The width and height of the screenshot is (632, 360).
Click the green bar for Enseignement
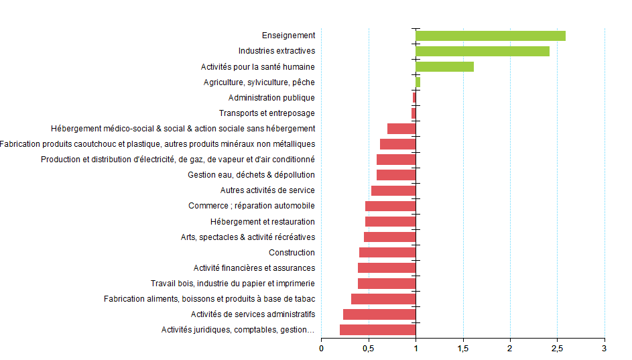pos(490,36)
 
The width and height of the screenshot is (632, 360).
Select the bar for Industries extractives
pos(482,51)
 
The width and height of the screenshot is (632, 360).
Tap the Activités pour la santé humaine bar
pos(444,66)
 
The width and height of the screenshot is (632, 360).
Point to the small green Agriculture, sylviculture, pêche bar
pos(418,82)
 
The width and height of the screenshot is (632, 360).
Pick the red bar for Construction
pos(387,252)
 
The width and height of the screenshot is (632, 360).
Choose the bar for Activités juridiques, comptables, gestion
pos(377,329)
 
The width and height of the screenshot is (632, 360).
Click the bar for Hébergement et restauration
pos(390,221)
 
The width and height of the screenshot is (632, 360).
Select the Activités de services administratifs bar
pos(379,314)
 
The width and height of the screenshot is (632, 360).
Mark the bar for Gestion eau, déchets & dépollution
pos(396,175)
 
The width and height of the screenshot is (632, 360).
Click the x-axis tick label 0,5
pos(369,349)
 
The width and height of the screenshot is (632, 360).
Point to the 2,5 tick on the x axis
pos(557,349)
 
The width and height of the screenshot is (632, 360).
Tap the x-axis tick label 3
pos(605,349)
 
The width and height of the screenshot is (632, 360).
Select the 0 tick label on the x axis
pos(321,349)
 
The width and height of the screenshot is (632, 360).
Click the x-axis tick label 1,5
pos(462,349)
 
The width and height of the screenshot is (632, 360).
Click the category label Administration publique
pos(271,98)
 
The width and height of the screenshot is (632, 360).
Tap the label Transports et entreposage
pos(267,113)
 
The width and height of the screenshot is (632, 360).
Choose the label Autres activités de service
pos(267,190)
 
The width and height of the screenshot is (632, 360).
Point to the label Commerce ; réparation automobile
pos(251,206)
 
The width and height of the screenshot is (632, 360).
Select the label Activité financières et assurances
pos(254,268)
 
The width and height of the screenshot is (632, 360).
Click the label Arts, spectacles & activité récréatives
pos(248,237)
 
